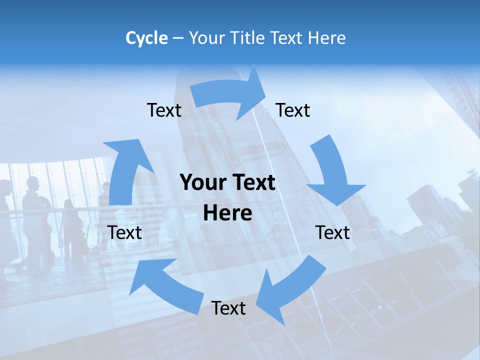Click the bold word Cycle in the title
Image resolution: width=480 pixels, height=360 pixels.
(x=146, y=38)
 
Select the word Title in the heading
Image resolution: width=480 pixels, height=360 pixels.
(x=247, y=38)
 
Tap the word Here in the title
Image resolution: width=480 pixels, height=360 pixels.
(x=327, y=38)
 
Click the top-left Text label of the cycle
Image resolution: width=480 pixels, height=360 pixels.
(x=164, y=110)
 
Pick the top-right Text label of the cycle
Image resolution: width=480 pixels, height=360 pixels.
(x=293, y=110)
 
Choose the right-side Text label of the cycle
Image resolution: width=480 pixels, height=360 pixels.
(x=332, y=232)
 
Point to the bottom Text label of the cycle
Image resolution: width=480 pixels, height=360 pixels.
(x=228, y=308)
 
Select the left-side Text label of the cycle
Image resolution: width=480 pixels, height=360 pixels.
(x=125, y=232)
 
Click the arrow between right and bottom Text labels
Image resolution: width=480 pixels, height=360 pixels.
(x=292, y=285)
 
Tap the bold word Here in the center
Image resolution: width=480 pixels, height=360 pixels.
(x=227, y=213)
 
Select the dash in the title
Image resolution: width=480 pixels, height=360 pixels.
(x=178, y=38)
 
